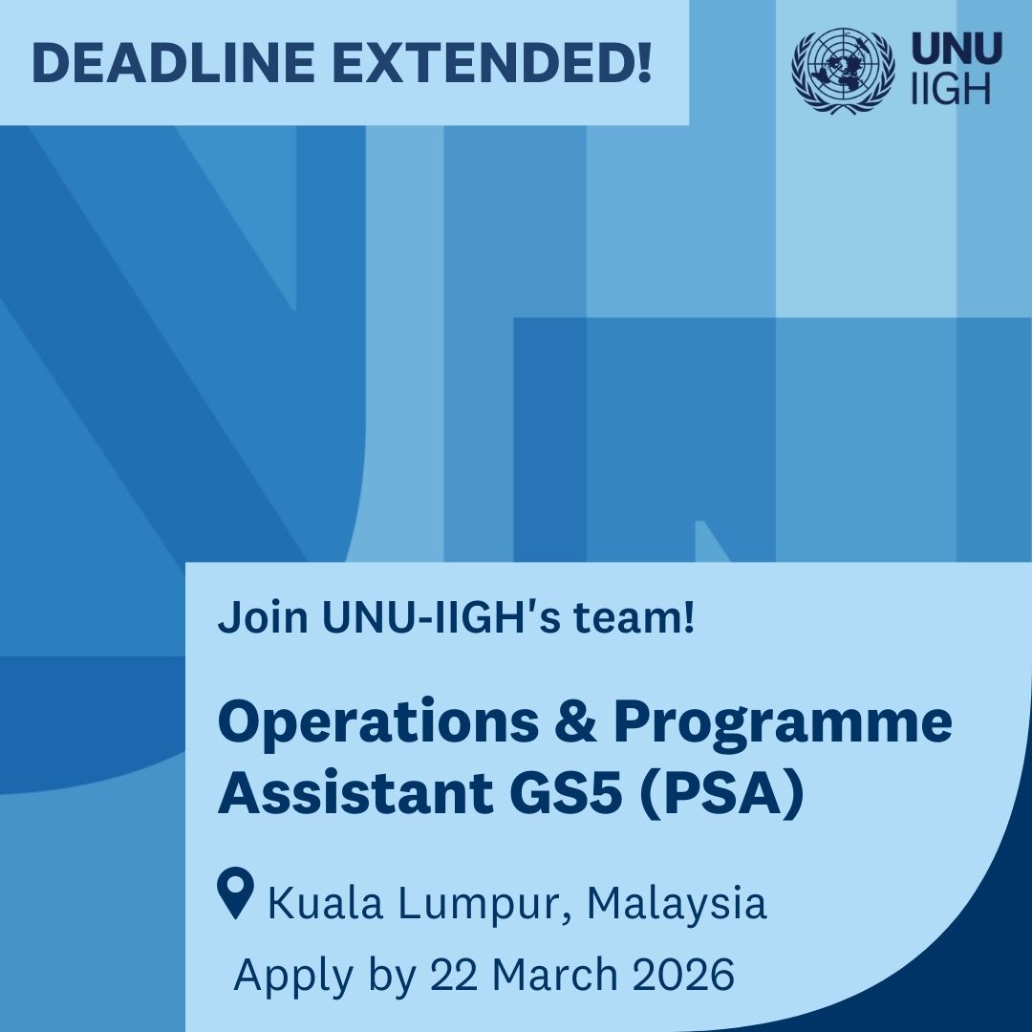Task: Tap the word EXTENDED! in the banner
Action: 496,62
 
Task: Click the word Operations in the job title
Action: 377,722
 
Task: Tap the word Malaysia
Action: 677,903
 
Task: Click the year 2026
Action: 684,975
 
